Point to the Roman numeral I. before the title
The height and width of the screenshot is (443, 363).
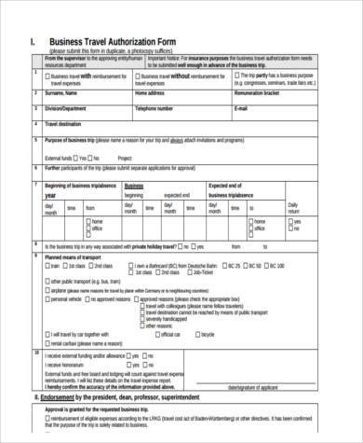35,42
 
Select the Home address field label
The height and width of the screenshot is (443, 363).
151,93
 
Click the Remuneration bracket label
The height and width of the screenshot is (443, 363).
264,93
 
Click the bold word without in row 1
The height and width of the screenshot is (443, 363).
181,77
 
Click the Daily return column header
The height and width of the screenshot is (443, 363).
293,208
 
